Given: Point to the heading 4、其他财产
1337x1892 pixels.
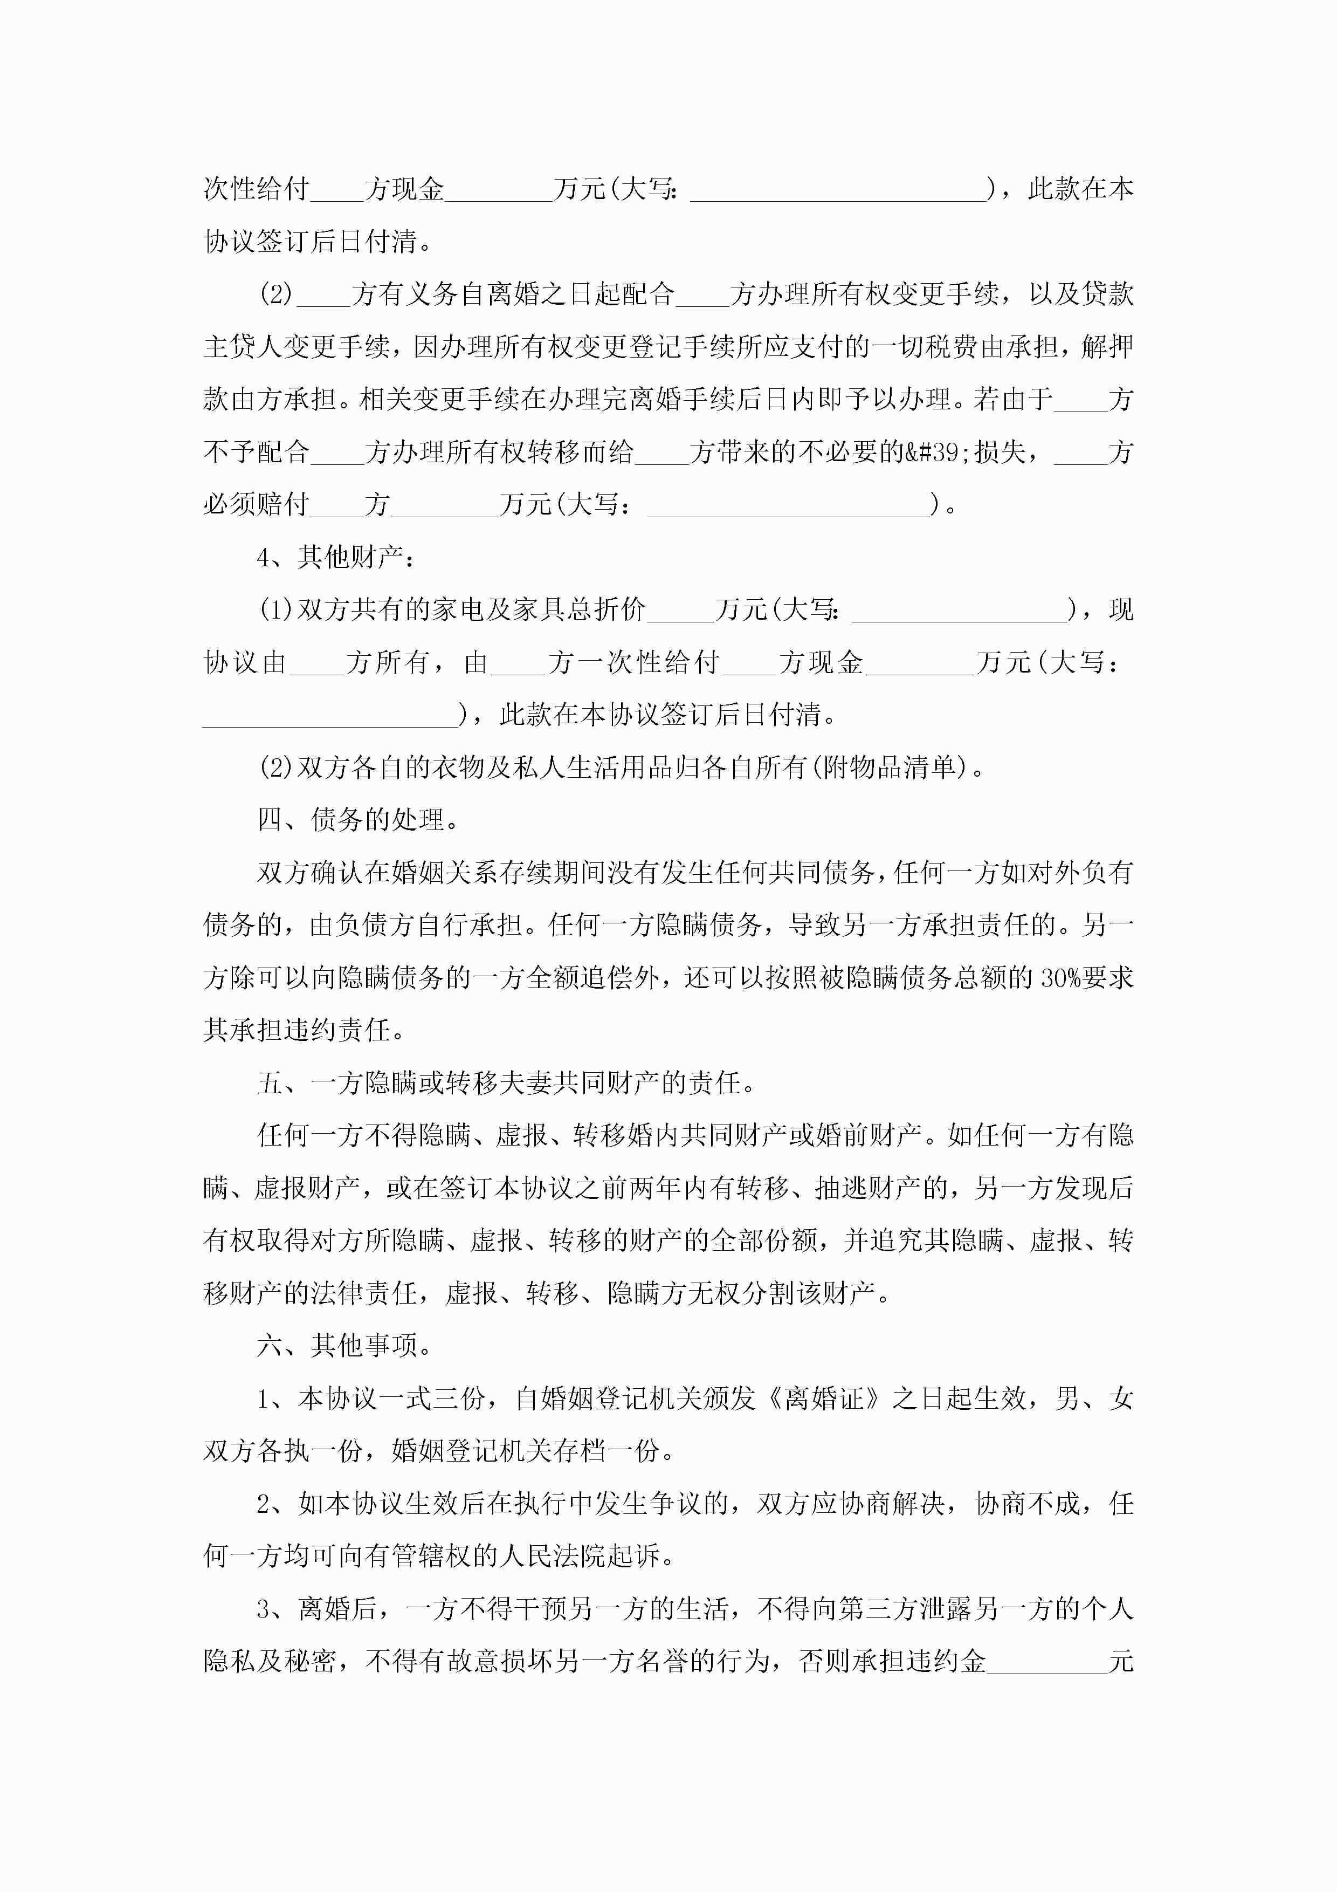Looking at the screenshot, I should point(335,558).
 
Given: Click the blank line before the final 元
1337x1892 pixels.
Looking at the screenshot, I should point(1046,1661).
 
